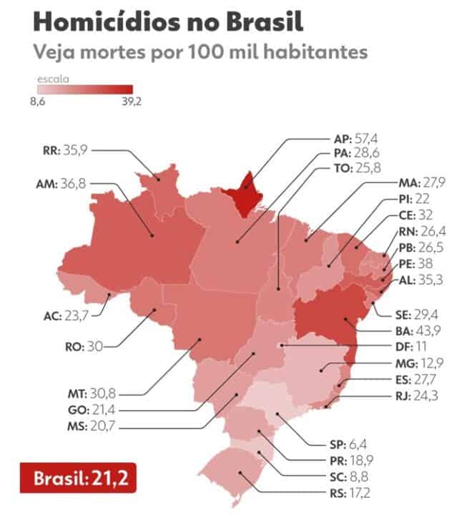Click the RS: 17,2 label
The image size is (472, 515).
point(411,491)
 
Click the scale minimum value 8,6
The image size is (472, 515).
point(39,102)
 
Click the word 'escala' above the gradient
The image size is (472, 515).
point(49,77)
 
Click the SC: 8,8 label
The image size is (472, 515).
point(413,476)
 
